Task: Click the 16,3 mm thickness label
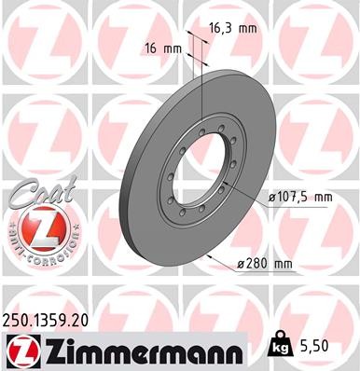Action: [x=230, y=29]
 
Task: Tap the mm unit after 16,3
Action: [x=247, y=29]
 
